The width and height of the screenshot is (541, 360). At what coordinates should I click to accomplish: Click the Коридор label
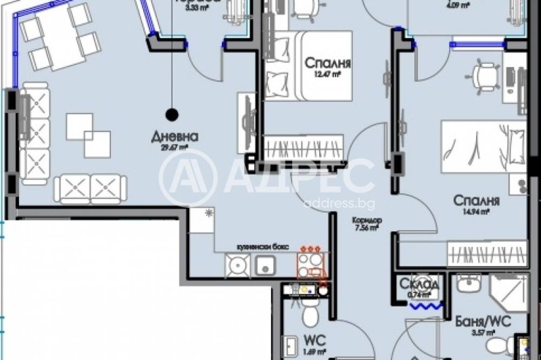pos(367,221)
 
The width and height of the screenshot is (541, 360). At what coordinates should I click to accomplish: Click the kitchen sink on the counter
pos(264,266)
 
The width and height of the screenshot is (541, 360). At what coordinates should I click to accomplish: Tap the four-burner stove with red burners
pos(312,261)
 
